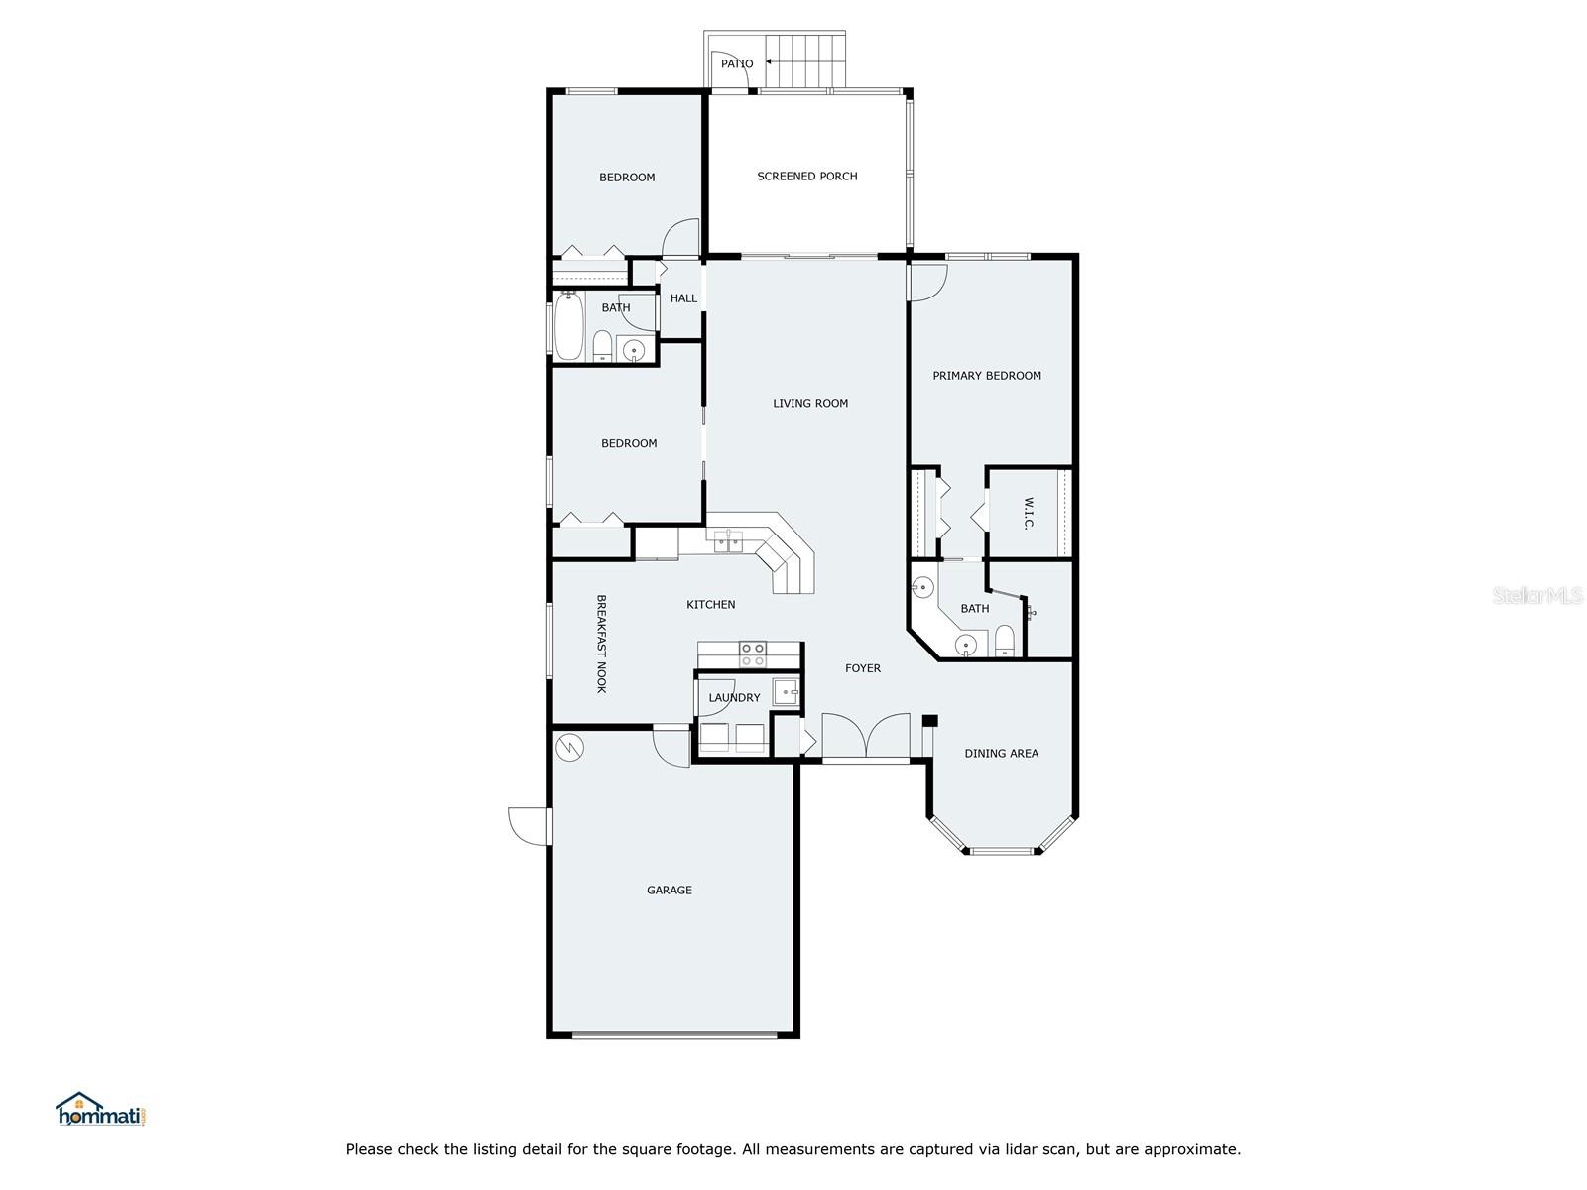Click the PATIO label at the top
(736, 63)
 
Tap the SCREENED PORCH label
(806, 177)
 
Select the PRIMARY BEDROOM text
(986, 376)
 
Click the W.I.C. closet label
(1028, 513)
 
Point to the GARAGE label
(669, 891)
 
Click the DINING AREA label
(1001, 754)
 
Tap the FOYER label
(862, 668)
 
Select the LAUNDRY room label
(734, 698)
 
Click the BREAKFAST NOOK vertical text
(601, 644)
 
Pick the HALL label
(682, 298)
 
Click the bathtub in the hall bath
(568, 329)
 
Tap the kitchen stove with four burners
(752, 654)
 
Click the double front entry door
(866, 738)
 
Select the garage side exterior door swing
(529, 826)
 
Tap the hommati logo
(101, 1110)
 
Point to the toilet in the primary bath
(1004, 642)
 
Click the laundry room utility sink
(786, 691)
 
